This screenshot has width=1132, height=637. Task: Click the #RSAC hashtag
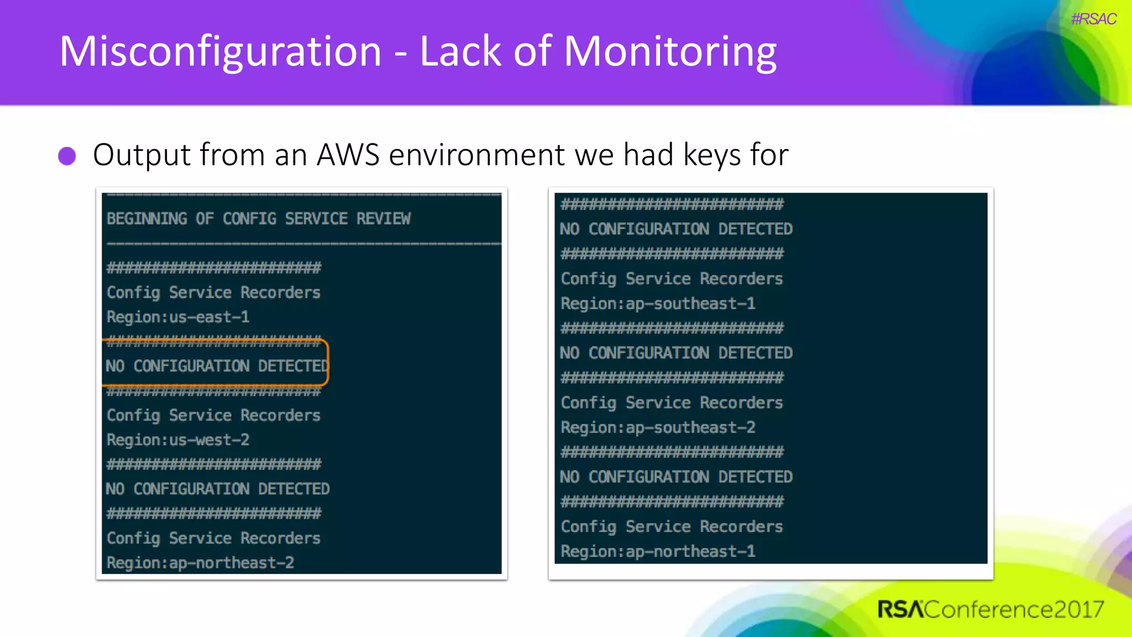(1093, 19)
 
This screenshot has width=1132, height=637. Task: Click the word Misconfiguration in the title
(220, 52)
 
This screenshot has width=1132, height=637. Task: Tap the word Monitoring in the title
(670, 52)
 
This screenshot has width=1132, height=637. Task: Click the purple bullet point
(67, 156)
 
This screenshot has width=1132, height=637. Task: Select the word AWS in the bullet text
(348, 155)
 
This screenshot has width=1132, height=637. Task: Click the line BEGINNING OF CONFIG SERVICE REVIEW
(259, 219)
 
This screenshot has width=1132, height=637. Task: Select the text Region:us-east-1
(178, 317)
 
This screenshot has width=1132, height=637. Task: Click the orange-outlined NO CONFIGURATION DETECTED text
(217, 366)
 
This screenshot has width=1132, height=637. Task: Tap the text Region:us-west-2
(178, 440)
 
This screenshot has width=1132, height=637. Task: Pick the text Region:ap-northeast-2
(200, 563)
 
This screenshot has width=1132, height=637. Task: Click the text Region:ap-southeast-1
(658, 304)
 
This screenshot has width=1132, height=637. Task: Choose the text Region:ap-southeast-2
(658, 427)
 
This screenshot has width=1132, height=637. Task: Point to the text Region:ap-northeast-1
(658, 551)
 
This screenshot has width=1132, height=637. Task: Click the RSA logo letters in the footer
(900, 609)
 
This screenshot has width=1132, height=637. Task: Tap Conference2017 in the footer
(1014, 609)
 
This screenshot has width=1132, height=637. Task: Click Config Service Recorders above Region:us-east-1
(213, 293)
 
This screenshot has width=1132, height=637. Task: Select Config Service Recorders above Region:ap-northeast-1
(672, 526)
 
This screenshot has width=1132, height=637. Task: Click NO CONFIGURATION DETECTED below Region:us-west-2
(218, 489)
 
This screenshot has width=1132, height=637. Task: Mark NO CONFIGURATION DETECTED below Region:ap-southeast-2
(676, 477)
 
